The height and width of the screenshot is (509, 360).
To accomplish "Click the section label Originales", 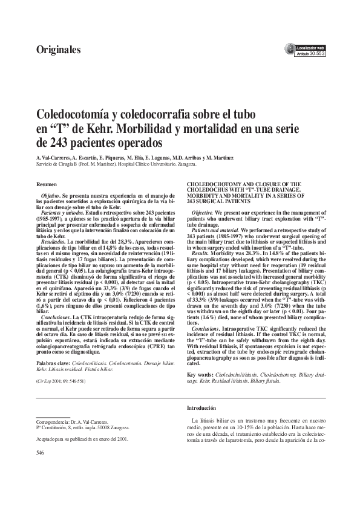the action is click(59, 49).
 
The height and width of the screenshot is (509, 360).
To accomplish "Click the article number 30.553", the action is click(317, 53).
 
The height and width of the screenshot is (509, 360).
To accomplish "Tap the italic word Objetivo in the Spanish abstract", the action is click(50, 197).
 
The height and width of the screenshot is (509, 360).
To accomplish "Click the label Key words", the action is click(198, 374).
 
